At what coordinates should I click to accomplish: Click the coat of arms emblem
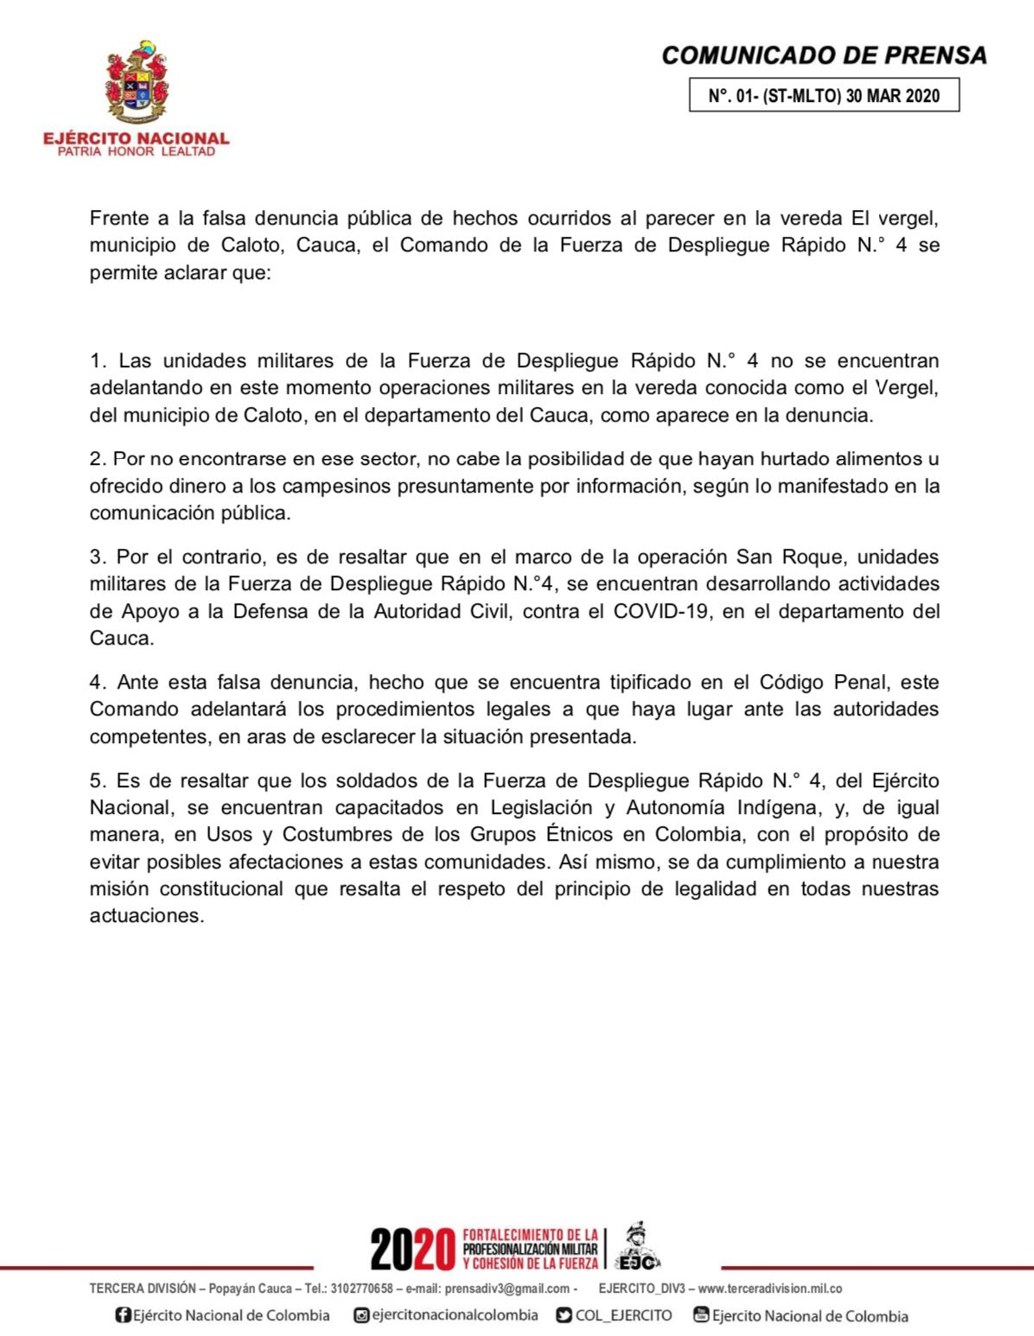click(x=137, y=83)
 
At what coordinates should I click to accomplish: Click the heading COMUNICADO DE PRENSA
click(x=824, y=55)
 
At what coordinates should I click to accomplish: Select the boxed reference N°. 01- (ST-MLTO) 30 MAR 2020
click(x=824, y=95)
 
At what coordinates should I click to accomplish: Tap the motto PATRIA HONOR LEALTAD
click(x=137, y=152)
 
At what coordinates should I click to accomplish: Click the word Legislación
click(x=541, y=807)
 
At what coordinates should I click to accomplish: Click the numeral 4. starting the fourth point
click(x=97, y=682)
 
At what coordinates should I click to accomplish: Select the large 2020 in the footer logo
click(x=412, y=1249)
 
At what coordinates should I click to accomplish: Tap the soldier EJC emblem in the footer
click(x=638, y=1247)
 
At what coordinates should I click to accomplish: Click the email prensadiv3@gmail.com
click(x=507, y=1288)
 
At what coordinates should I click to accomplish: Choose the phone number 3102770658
click(x=361, y=1288)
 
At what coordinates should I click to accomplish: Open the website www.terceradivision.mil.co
click(x=769, y=1288)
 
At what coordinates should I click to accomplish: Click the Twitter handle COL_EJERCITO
click(x=623, y=1315)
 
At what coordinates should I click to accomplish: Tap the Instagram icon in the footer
click(x=361, y=1315)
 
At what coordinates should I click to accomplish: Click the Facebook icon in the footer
click(x=123, y=1315)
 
